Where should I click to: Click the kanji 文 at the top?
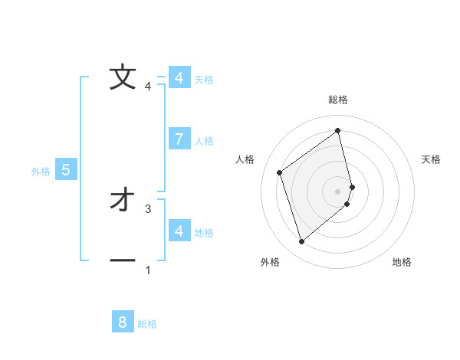(x=122, y=77)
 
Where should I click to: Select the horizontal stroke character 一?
(x=122, y=261)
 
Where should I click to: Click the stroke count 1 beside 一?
(x=148, y=270)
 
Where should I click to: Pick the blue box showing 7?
(x=179, y=139)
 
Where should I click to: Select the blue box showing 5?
(x=66, y=170)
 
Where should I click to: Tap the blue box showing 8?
(x=123, y=322)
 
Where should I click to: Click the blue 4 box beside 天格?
(x=179, y=78)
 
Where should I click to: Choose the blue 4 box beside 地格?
(x=179, y=231)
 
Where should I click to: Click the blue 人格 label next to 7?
(x=204, y=141)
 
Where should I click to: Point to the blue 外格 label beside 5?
(x=41, y=172)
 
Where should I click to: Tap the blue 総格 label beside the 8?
(x=147, y=324)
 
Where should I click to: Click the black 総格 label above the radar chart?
(x=338, y=100)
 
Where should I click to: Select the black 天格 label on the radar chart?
(x=432, y=159)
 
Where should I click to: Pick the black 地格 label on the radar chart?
(x=402, y=262)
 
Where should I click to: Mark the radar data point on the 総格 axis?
(x=338, y=130)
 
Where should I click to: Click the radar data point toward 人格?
(x=280, y=172)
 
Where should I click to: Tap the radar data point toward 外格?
(x=302, y=242)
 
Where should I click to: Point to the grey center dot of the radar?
(x=338, y=191)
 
